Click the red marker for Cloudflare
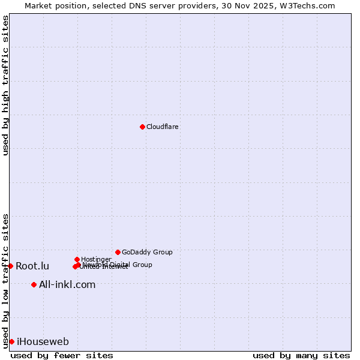click(142, 127)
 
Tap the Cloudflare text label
click(163, 127)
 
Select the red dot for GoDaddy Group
click(118, 252)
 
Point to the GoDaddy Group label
click(147, 253)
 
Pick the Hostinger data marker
click(77, 259)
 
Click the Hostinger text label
click(96, 260)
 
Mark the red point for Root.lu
click(10, 266)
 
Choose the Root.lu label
click(32, 266)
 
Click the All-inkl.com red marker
click(34, 284)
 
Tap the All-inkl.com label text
click(67, 285)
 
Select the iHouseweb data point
click(11, 341)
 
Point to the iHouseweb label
click(43, 342)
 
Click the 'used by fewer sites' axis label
click(62, 355)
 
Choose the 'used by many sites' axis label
click(301, 355)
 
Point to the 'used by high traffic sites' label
click(5, 85)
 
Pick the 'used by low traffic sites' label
click(5, 281)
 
